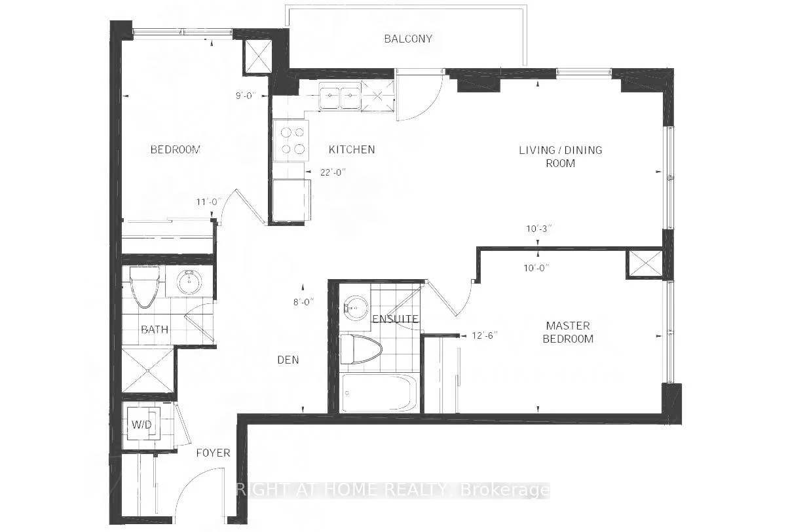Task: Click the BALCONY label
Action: click(408, 39)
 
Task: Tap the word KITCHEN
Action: click(352, 149)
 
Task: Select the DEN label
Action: click(288, 360)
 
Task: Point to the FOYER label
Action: click(213, 453)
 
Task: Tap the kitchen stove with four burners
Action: click(291, 141)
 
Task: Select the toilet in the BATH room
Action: click(145, 286)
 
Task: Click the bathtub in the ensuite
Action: click(379, 393)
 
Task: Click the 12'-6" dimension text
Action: click(485, 335)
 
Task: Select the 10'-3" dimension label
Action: click(539, 229)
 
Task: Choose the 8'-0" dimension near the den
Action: click(304, 302)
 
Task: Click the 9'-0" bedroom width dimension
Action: click(246, 96)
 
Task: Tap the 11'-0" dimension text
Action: click(210, 202)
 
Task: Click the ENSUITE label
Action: click(395, 318)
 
